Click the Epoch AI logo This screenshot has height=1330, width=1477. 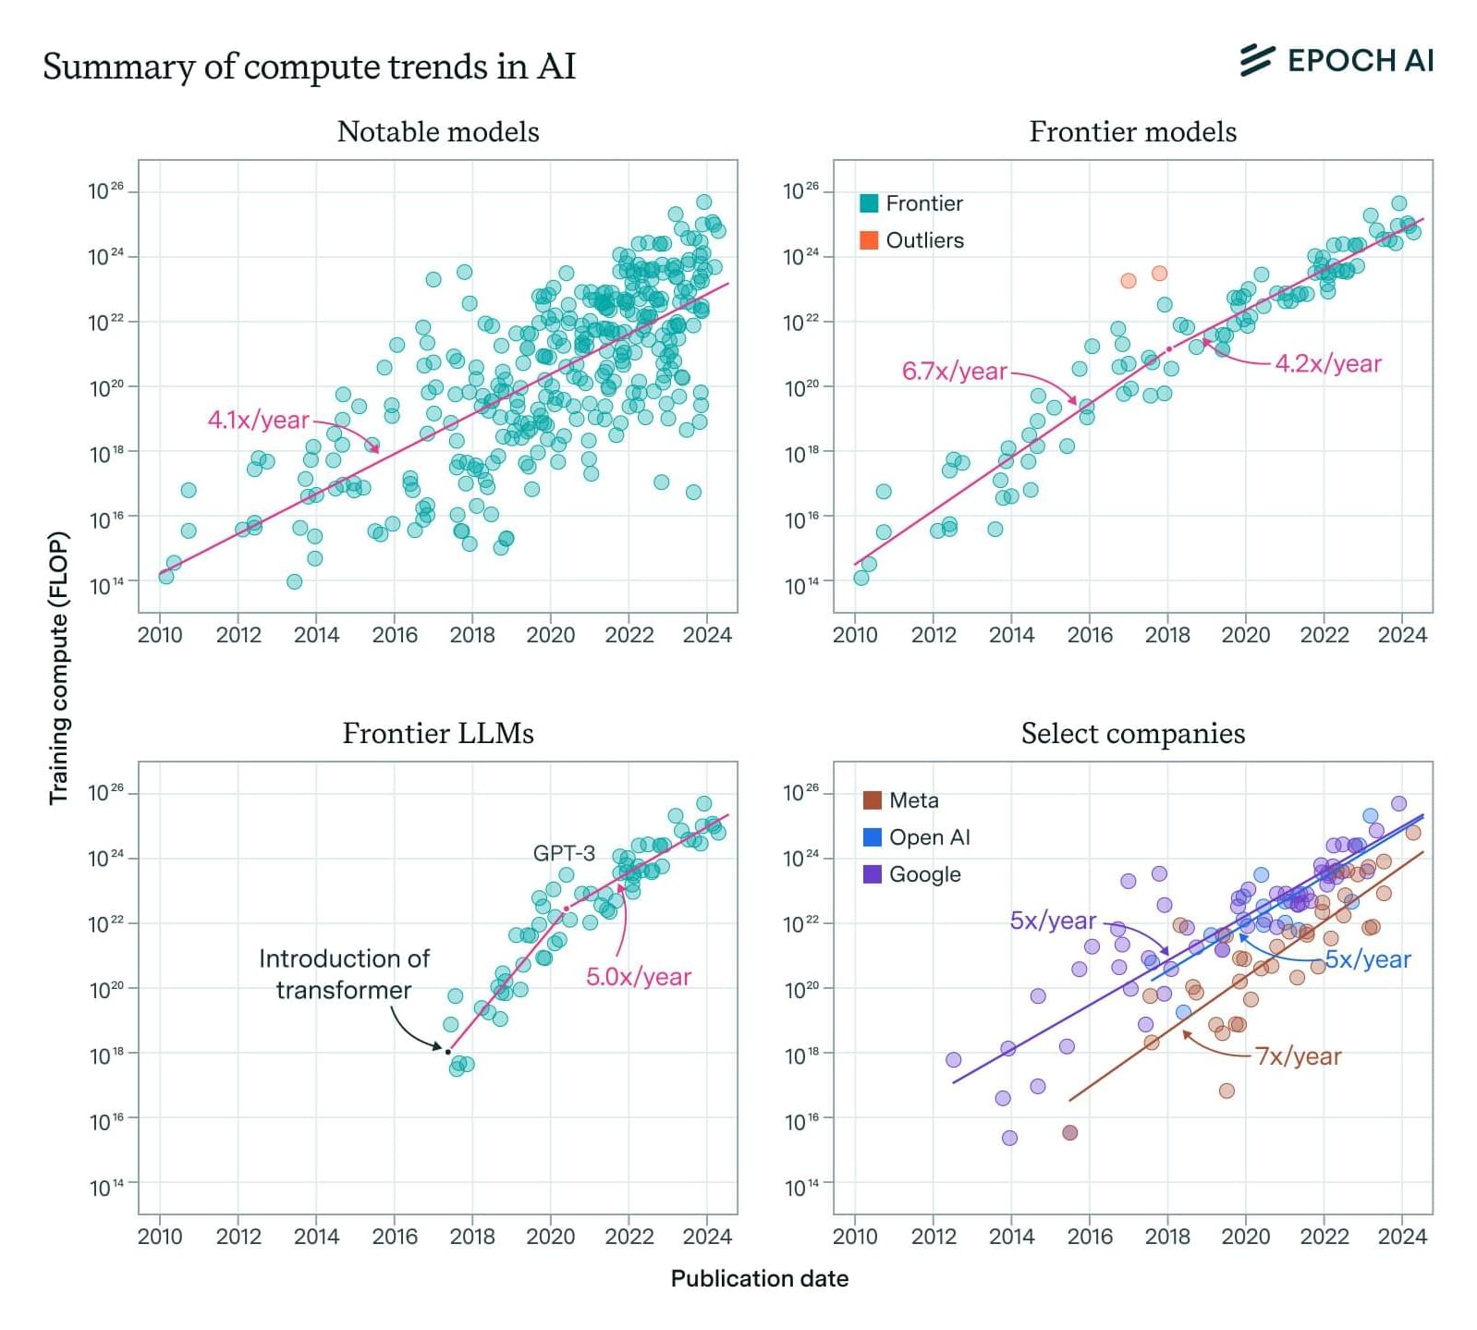point(1337,61)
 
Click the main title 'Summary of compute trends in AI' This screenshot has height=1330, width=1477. point(309,67)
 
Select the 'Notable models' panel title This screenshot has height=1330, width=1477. point(438,132)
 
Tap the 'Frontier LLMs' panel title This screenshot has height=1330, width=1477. point(438,734)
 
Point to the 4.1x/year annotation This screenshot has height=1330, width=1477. point(258,421)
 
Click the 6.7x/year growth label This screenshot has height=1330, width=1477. point(954,372)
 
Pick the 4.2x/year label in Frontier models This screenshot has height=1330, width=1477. point(1328,364)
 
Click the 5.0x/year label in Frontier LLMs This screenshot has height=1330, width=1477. point(639,977)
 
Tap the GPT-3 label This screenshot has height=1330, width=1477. point(564,853)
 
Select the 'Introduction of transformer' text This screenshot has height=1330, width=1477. point(344,974)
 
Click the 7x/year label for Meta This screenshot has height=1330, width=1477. point(1298,1056)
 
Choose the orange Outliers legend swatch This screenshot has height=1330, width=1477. point(869,240)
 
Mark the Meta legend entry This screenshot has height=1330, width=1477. point(901,800)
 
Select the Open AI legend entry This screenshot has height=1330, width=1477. point(917,837)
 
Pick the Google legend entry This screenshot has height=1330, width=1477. point(912,874)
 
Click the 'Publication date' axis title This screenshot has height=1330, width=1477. point(759,1279)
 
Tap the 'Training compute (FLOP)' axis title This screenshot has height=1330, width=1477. point(59,667)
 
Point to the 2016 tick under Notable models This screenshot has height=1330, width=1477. point(395,635)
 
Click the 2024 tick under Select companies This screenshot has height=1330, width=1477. point(1402,1237)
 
